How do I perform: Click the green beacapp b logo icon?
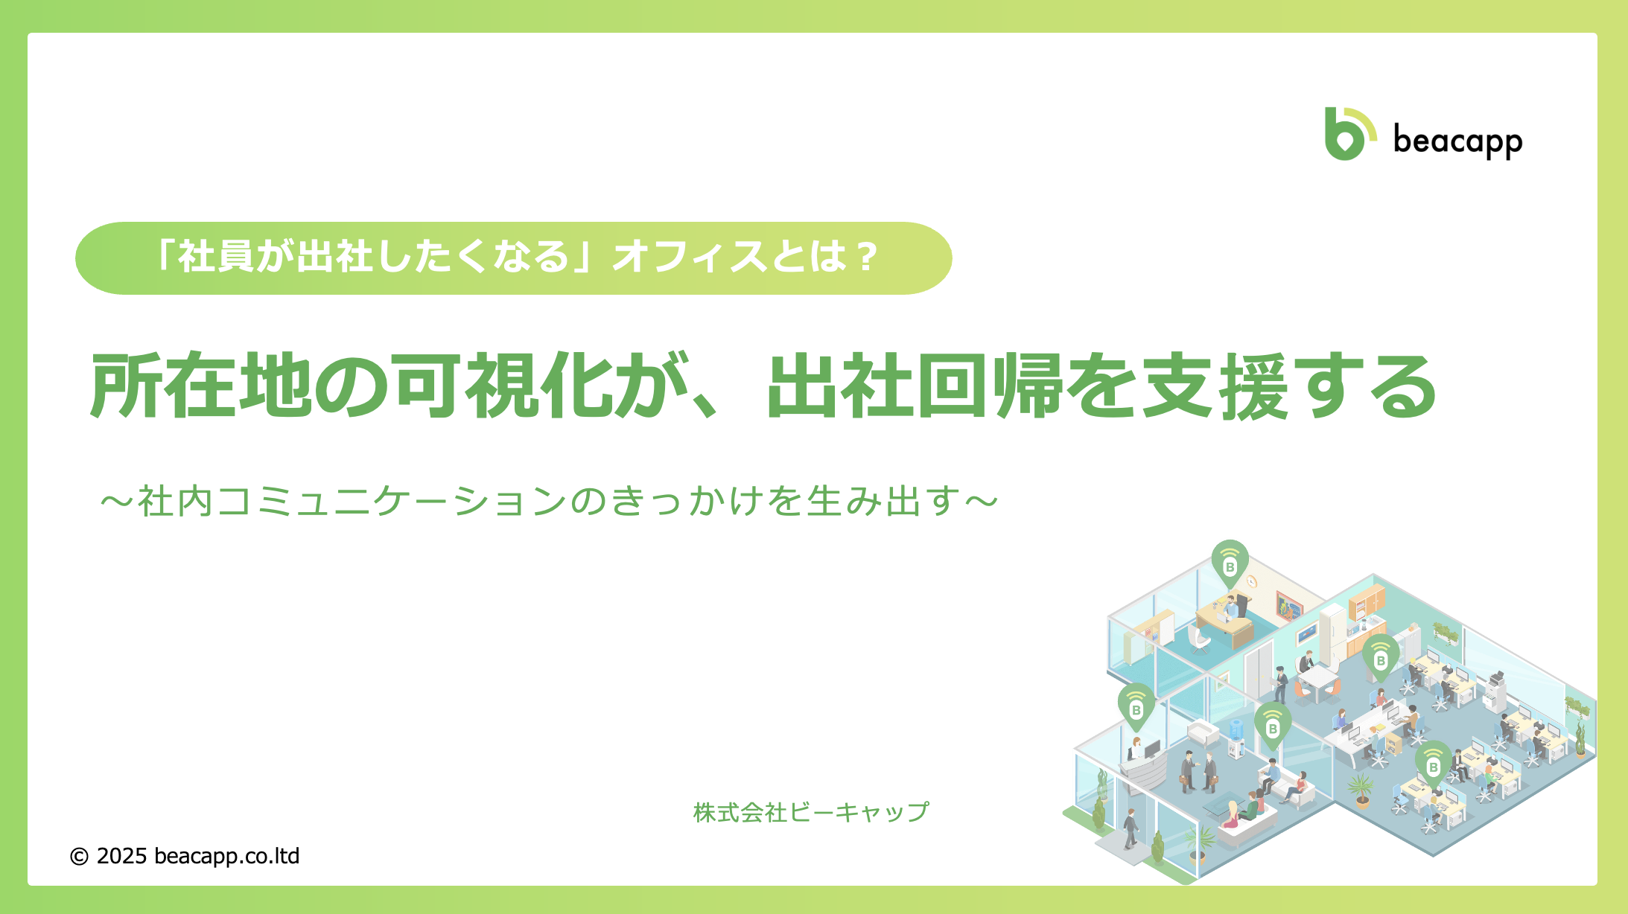1349,134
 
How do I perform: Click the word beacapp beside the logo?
1457,141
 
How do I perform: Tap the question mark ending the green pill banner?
867,258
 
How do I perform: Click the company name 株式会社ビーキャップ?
811,812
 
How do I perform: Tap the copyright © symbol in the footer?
79,857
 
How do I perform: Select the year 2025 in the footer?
121,856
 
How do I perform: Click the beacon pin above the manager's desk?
1230,564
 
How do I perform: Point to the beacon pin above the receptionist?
1136,707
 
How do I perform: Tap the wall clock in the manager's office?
1252,581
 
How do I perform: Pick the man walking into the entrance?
1131,828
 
